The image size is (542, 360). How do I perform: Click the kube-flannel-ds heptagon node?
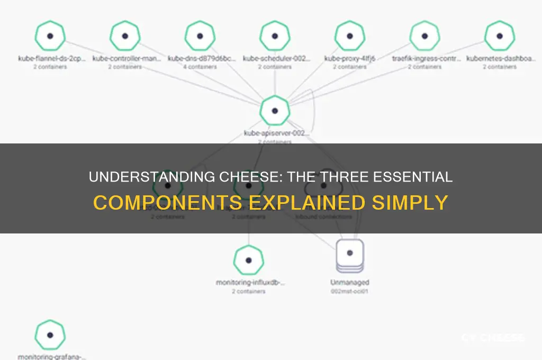tap(50, 36)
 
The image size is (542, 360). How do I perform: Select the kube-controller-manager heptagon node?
tap(125, 36)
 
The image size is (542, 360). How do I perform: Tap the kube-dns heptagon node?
tap(200, 36)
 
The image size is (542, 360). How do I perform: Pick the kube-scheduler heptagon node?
tap(275, 36)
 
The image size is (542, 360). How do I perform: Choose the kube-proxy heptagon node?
tap(350, 36)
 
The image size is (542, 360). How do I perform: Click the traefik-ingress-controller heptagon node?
tap(425, 36)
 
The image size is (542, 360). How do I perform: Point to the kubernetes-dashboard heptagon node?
tap(500, 36)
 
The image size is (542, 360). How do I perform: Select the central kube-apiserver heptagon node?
tap(275, 111)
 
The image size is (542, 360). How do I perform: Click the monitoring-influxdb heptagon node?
tap(249, 260)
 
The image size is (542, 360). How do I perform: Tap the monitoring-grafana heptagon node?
tap(50, 335)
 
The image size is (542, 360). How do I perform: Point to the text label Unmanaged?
tap(350, 283)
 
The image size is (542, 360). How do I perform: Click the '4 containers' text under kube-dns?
tap(200, 67)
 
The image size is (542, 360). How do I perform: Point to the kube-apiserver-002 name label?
tap(275, 133)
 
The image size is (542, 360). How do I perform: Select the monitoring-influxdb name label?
tap(249, 283)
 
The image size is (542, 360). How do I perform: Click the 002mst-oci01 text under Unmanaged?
tap(350, 291)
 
